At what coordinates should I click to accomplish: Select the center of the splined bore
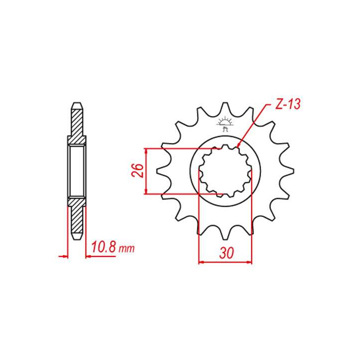225,170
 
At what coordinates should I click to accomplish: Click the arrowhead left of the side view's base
64,256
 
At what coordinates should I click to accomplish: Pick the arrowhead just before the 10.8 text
88,256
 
